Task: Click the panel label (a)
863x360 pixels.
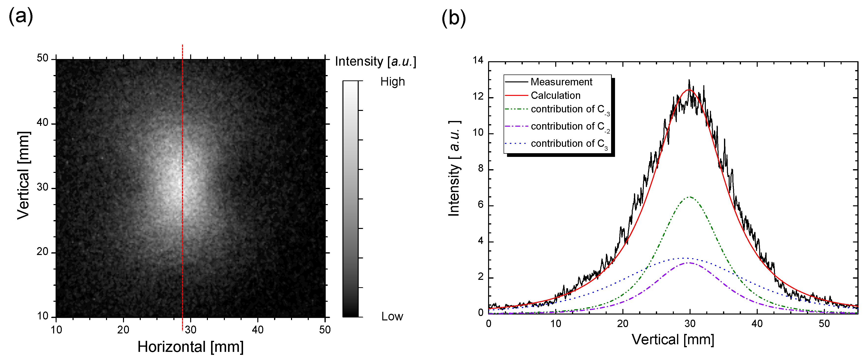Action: click(21, 16)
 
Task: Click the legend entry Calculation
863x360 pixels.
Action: click(555, 95)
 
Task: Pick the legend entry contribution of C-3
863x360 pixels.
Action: click(570, 109)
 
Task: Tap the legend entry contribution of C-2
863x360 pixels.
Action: click(570, 127)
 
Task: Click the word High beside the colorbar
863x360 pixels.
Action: click(392, 82)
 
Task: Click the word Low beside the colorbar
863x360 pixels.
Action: click(392, 316)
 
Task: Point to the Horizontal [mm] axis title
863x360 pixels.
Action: click(190, 347)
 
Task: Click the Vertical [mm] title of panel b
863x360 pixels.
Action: click(673, 340)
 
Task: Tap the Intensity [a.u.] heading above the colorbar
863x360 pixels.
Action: click(375, 62)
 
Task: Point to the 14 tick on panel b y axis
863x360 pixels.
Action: click(478, 60)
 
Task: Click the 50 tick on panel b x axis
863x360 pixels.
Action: click(824, 324)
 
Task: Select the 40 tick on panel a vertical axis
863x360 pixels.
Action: click(43, 123)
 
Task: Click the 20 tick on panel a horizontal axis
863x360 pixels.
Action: click(123, 330)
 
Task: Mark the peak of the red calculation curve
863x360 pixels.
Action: click(689, 90)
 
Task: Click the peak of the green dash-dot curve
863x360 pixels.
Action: click(689, 197)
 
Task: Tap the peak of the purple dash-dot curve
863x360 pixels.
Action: click(689, 263)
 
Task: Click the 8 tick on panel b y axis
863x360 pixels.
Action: click(481, 168)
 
